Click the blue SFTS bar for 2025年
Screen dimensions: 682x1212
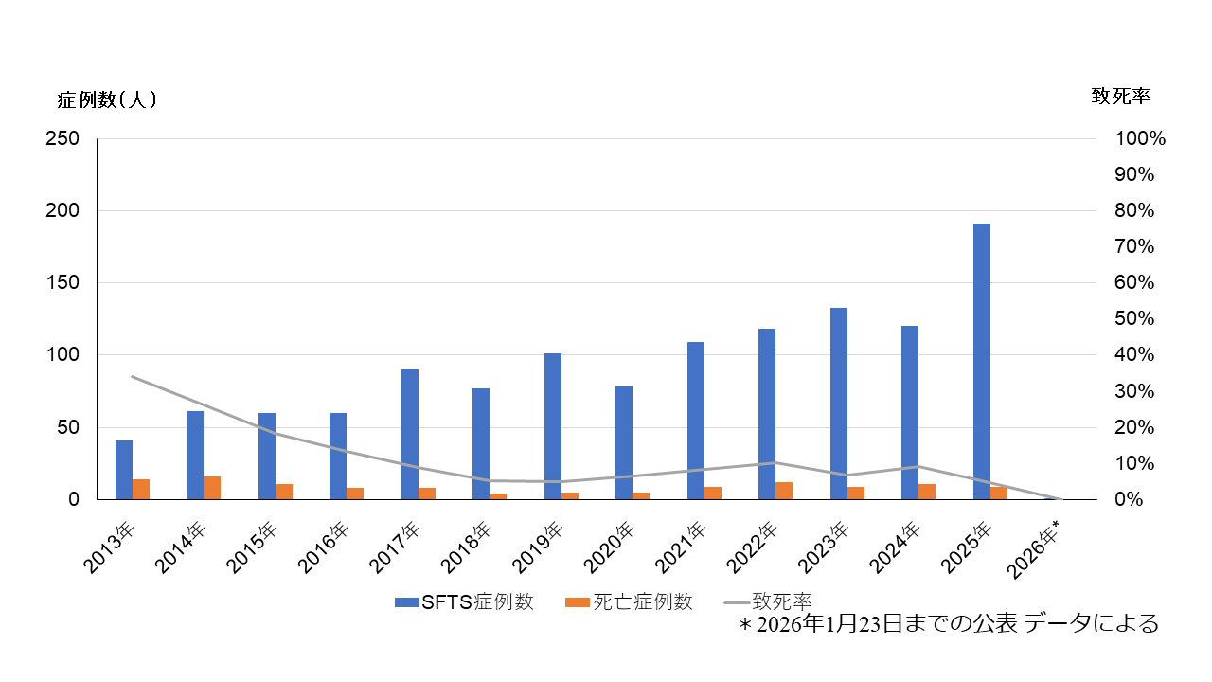click(x=982, y=361)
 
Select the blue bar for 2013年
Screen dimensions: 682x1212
click(x=124, y=470)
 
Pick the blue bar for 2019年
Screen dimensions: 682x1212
click(x=553, y=426)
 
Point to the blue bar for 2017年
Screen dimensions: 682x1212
click(x=410, y=434)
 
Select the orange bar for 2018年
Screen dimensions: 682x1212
click(x=498, y=496)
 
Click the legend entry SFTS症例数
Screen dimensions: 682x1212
click(x=464, y=602)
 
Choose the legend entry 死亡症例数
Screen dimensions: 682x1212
click(x=629, y=602)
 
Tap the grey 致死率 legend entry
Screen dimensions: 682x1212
click(x=768, y=601)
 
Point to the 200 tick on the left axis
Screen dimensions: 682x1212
click(x=63, y=210)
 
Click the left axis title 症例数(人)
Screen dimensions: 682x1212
click(x=107, y=99)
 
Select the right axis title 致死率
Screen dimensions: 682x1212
click(x=1120, y=96)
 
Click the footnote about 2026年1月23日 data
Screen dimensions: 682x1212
click(x=949, y=624)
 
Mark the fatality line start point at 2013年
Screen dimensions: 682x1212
click(x=133, y=377)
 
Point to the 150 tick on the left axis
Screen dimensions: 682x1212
click(x=63, y=282)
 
